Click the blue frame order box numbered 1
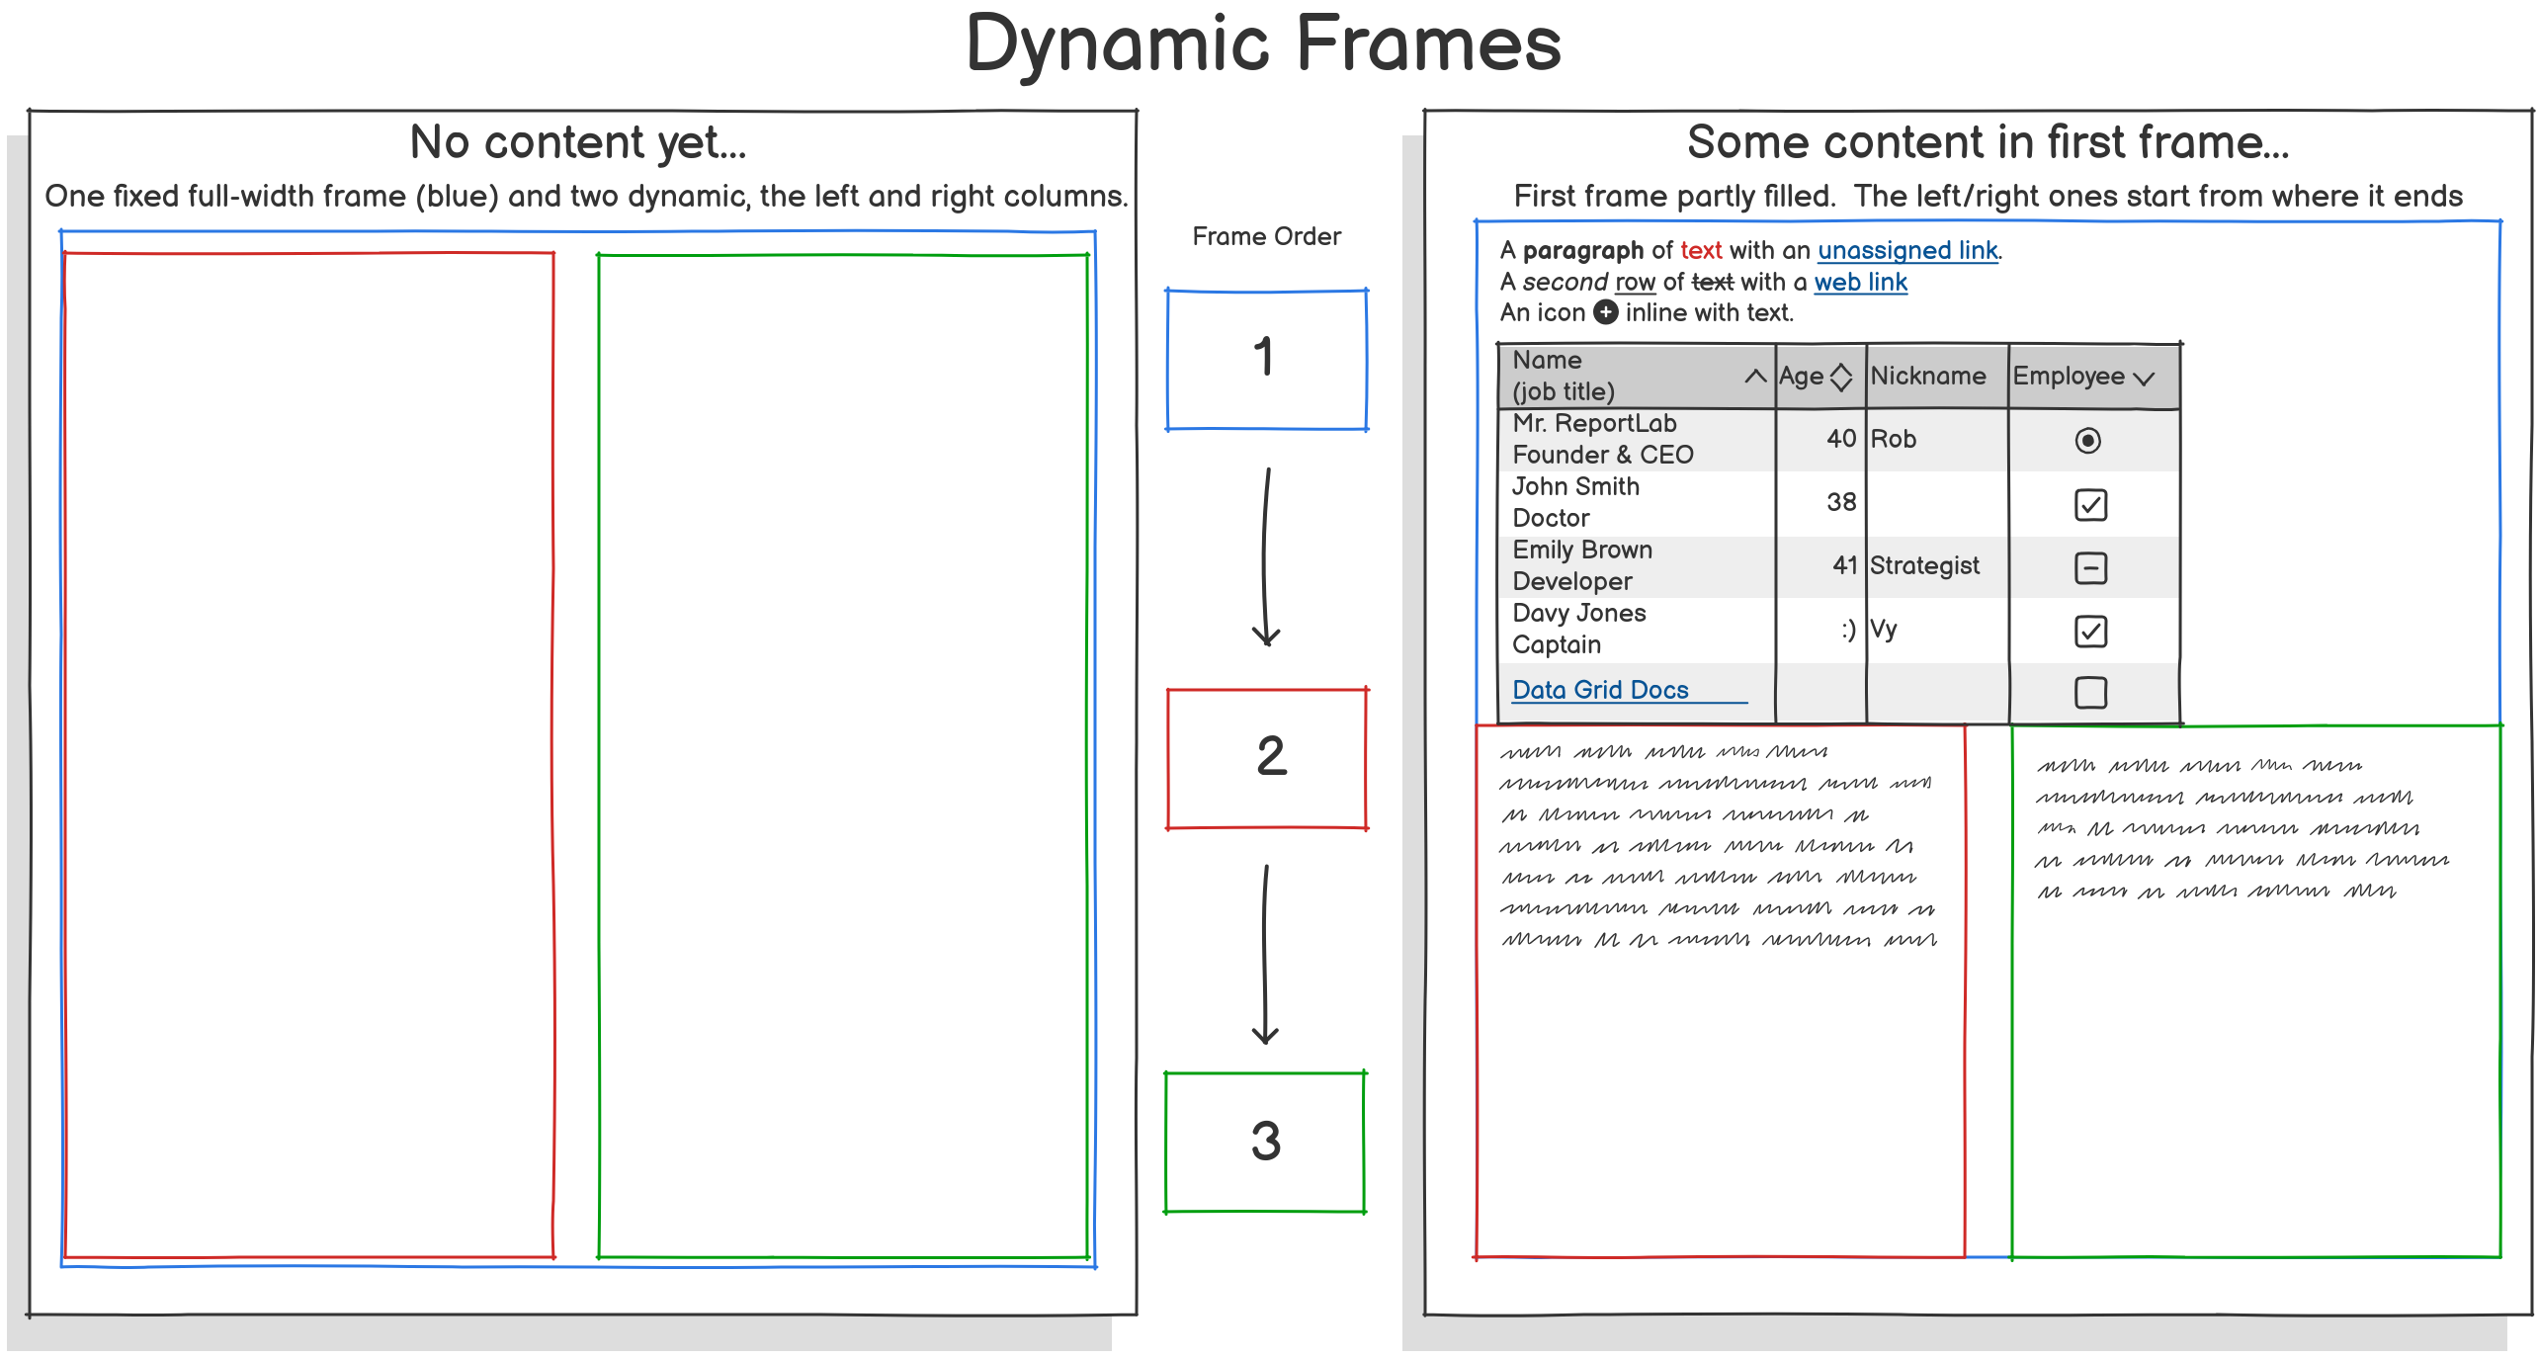point(1266,360)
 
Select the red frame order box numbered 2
point(1267,758)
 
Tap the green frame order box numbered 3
point(1265,1142)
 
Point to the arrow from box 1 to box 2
point(1266,557)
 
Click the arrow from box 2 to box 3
point(1265,955)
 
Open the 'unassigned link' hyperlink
point(1907,250)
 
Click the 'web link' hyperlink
point(1860,282)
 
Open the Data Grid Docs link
point(1600,690)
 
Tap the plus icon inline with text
point(1607,312)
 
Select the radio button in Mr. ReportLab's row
point(2087,440)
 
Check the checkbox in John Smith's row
point(2090,505)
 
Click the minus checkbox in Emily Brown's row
point(2090,568)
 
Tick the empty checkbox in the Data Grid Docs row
point(2090,692)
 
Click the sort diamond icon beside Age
point(1840,377)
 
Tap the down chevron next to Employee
point(2144,379)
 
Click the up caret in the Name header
point(1755,376)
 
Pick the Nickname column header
point(1928,376)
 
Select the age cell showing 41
point(1844,565)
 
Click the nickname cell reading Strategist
point(1924,565)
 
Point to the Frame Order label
point(1266,236)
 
